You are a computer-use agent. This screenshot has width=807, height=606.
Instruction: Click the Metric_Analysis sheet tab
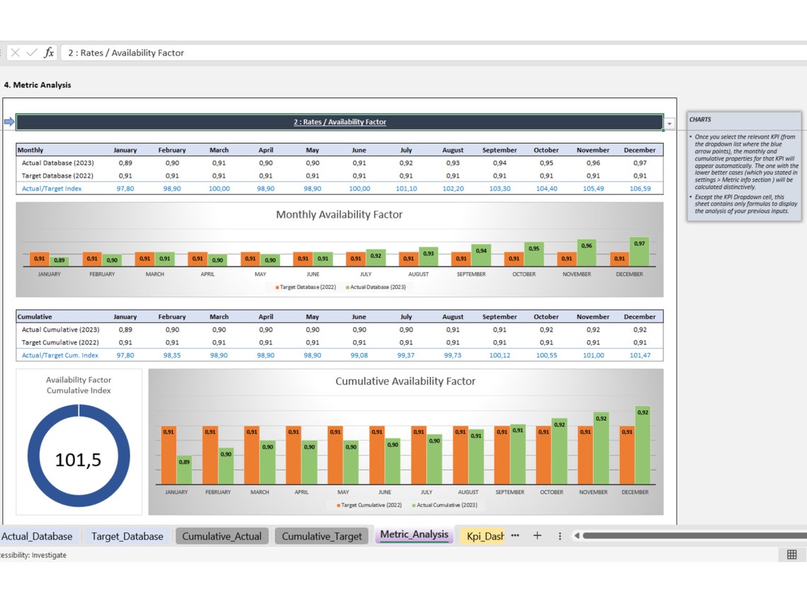[x=414, y=534]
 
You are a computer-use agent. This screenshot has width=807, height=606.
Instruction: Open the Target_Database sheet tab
[x=127, y=537]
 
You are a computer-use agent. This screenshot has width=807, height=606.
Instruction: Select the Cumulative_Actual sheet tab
[x=222, y=537]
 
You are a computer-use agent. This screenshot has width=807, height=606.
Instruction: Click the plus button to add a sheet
[x=537, y=536]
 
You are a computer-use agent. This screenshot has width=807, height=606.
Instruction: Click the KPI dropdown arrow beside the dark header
[x=670, y=124]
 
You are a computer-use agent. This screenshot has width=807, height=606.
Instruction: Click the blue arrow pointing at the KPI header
[x=9, y=122]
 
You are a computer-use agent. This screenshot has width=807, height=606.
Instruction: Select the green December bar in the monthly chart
[x=639, y=252]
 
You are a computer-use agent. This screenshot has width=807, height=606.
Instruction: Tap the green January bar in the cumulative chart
[x=184, y=470]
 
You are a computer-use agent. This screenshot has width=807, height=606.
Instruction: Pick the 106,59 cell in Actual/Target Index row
[x=639, y=189]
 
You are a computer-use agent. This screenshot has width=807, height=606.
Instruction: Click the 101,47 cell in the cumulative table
[x=639, y=355]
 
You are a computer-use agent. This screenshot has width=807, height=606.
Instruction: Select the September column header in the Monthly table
[x=499, y=150]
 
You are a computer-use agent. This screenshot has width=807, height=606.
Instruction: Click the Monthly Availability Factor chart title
[x=339, y=215]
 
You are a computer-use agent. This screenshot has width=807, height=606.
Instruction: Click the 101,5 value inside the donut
[x=78, y=459]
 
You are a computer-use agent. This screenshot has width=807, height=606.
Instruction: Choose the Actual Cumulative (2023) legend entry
[x=446, y=505]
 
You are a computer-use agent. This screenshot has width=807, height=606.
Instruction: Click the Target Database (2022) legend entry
[x=307, y=287]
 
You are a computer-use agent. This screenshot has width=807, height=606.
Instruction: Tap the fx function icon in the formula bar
[x=49, y=52]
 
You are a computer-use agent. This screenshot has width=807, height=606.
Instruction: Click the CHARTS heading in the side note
[x=700, y=120]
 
